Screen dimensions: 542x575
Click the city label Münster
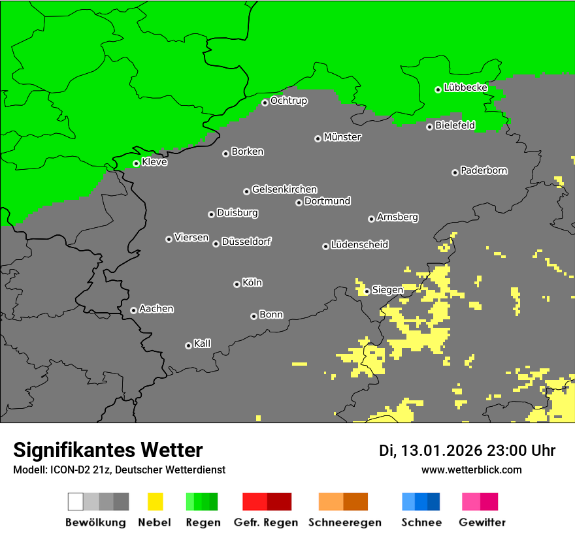pos(342,137)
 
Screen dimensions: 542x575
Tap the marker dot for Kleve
pos(136,163)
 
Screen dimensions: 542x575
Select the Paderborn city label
pos(484,170)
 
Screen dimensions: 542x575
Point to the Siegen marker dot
pos(367,291)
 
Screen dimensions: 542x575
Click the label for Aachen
pos(156,309)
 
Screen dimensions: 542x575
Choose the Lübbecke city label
pos(465,88)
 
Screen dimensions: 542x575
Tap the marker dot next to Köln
pos(237,284)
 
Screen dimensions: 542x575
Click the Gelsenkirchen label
pos(284,189)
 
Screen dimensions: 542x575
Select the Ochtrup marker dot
pos(265,102)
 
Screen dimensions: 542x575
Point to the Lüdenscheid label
pos(359,245)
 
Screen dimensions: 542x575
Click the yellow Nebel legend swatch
pos(156,502)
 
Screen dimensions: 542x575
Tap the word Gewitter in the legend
pos(482,522)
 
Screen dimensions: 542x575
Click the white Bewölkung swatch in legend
pos(76,502)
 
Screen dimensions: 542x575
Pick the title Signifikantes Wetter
pos(108,451)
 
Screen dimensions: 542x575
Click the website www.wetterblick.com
pos(471,470)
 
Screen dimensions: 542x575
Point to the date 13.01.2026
pos(441,451)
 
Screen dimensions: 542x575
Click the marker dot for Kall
pos(188,345)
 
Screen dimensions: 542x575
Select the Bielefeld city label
pos(455,125)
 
